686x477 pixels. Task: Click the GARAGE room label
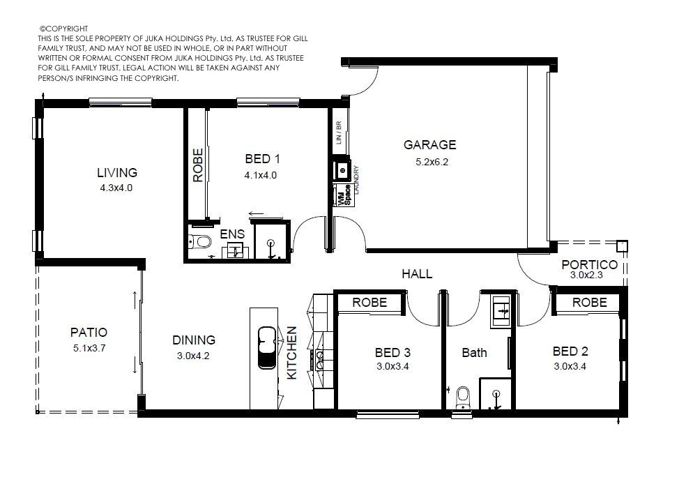tap(429, 145)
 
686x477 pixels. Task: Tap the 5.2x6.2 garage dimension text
tap(432, 162)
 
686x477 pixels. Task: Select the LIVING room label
tap(117, 173)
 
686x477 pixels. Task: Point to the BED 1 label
tap(263, 159)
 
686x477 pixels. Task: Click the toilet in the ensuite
tap(200, 241)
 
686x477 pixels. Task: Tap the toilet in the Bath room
tap(462, 397)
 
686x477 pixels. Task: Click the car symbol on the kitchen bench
tap(267, 347)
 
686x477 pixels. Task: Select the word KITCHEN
tap(292, 353)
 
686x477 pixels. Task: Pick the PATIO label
tap(89, 333)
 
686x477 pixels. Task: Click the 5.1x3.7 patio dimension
tap(89, 349)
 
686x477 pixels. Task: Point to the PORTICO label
tap(589, 265)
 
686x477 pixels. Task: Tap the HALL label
tap(417, 274)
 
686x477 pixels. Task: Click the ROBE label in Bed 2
tap(589, 303)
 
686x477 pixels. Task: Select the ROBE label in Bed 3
tap(369, 303)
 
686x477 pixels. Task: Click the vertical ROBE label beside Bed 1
tap(198, 165)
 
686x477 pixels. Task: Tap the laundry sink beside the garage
tap(342, 169)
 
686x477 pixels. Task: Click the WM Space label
tap(344, 195)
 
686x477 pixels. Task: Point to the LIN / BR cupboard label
tap(338, 132)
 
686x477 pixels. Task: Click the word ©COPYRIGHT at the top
tap(64, 29)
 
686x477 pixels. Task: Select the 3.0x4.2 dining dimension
tap(193, 356)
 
